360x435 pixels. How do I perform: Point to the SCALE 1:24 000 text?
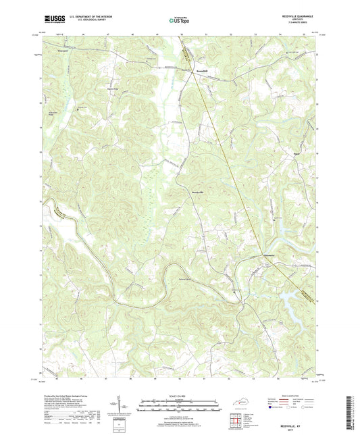pos(179,395)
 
